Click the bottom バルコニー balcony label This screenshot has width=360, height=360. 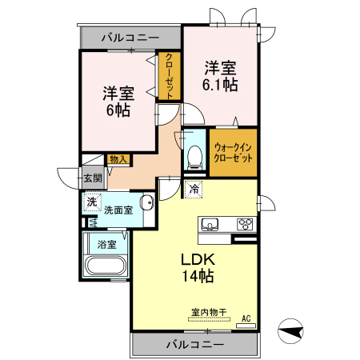pyautogui.click(x=195, y=345)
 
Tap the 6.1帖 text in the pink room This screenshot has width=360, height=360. pyautogui.click(x=218, y=82)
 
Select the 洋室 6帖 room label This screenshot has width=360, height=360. pyautogui.click(x=118, y=100)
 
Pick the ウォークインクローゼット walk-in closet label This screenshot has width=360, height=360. pyautogui.click(x=234, y=153)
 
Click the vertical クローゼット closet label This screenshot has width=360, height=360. pyautogui.click(x=169, y=76)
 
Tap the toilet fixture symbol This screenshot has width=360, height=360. pyautogui.click(x=193, y=156)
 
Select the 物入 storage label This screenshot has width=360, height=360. pyautogui.click(x=118, y=159)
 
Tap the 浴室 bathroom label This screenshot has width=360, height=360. pyautogui.click(x=106, y=243)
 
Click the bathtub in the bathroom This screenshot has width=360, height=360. pyautogui.click(x=106, y=266)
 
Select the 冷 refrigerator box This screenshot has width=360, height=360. pyautogui.click(x=195, y=190)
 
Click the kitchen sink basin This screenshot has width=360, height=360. pyautogui.click(x=210, y=223)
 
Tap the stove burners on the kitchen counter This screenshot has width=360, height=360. pyautogui.click(x=243, y=224)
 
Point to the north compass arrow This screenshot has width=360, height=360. pyautogui.click(x=291, y=329)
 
